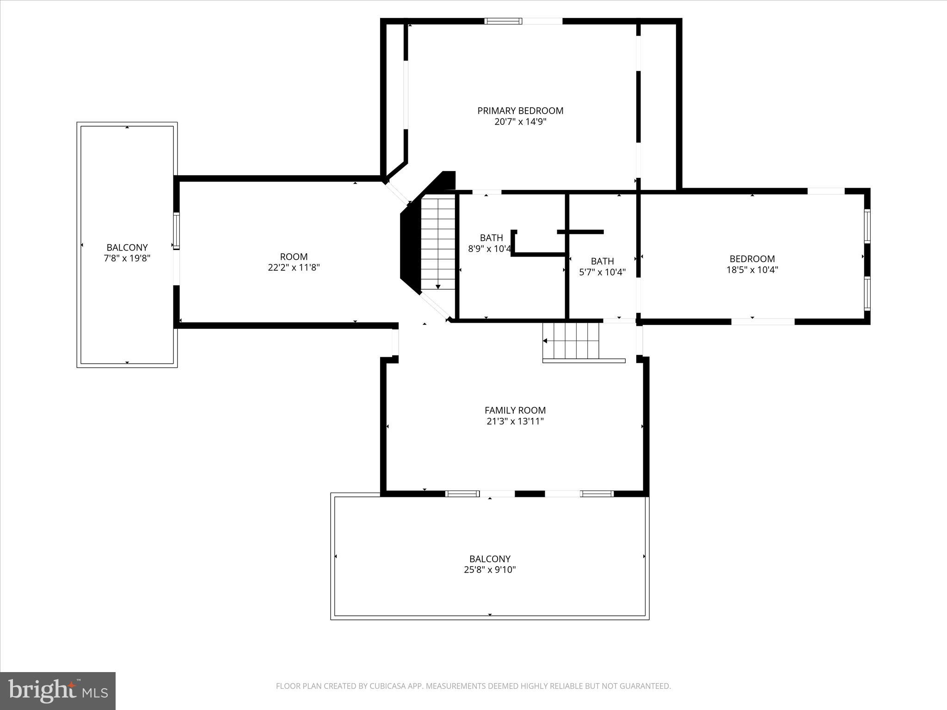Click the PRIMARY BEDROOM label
click(x=520, y=110)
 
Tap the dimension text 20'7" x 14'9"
click(x=520, y=122)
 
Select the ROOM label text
click(x=294, y=257)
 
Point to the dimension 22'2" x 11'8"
click(x=294, y=268)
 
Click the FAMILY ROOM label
click(x=515, y=410)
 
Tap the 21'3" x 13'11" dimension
click(x=515, y=421)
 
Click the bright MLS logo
click(x=58, y=691)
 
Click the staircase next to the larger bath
click(x=438, y=243)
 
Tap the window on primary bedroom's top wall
click(x=503, y=21)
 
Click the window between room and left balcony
click(x=176, y=231)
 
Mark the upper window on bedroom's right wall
click(x=867, y=226)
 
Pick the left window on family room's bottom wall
click(x=462, y=494)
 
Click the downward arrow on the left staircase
click(x=438, y=287)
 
